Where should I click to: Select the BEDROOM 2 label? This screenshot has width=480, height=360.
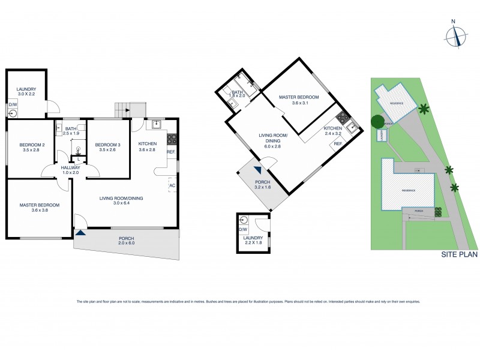[x=28, y=145]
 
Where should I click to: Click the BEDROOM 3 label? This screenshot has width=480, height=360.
[x=108, y=145]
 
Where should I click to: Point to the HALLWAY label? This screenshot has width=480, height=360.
[x=71, y=167]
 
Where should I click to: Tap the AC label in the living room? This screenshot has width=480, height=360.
[x=172, y=185]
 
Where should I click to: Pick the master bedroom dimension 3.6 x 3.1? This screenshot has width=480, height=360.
[x=299, y=103]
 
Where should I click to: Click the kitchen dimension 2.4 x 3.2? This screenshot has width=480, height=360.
[x=332, y=134]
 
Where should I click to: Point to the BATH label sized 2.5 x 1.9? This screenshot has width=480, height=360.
[x=70, y=134]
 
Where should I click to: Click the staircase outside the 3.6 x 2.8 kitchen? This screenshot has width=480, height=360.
[x=123, y=109]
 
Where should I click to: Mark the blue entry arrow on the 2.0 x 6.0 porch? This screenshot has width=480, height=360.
[x=80, y=232]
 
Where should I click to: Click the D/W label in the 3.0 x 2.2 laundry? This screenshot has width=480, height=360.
[x=12, y=104]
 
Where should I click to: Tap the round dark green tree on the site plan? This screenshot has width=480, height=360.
[x=377, y=121]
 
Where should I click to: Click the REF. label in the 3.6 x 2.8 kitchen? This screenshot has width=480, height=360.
[x=170, y=152]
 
